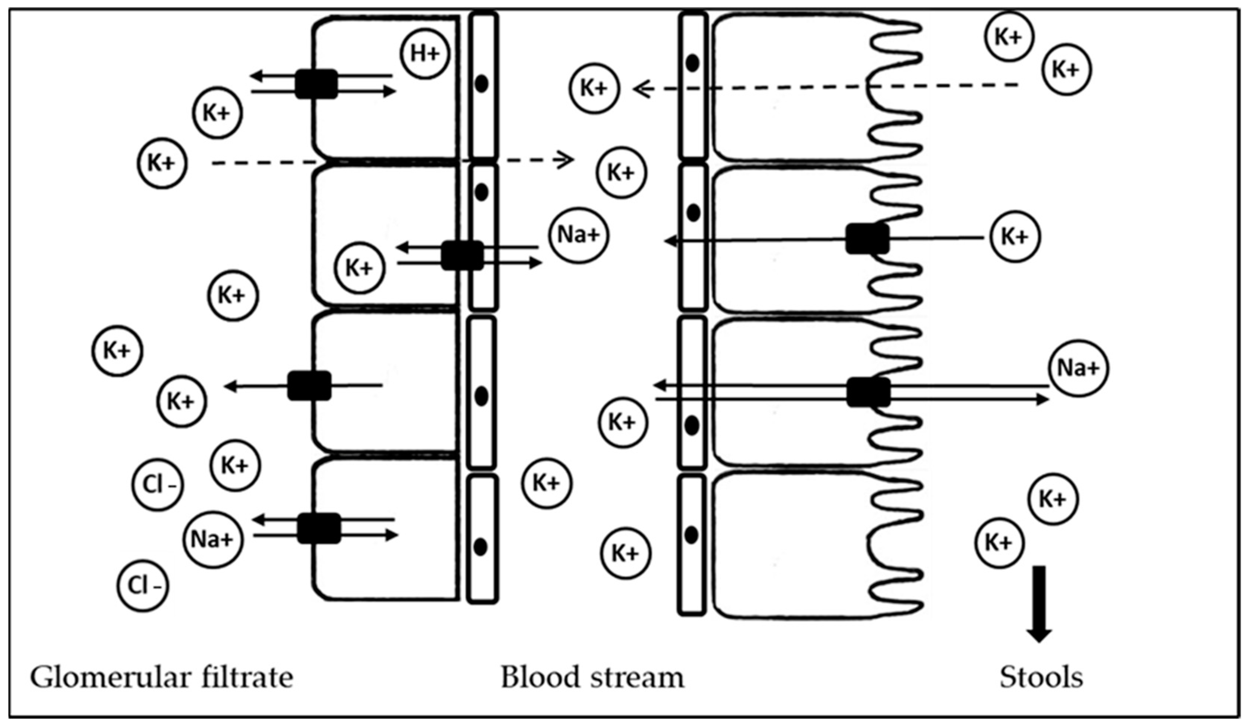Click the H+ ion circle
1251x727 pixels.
click(x=425, y=54)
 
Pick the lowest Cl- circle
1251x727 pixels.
click(x=143, y=586)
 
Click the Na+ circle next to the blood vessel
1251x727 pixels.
click(x=579, y=235)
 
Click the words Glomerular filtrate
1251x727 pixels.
click(x=162, y=678)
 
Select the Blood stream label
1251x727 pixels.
click(x=592, y=678)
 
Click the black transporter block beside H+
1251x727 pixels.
click(x=316, y=84)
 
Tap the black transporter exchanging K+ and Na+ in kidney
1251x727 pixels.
click(x=462, y=255)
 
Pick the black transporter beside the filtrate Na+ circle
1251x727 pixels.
click(x=319, y=528)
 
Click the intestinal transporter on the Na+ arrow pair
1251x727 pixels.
click(x=868, y=392)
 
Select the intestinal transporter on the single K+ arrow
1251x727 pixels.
click(x=868, y=239)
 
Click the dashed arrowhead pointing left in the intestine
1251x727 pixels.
click(x=641, y=89)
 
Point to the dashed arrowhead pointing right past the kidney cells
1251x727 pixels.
click(x=566, y=159)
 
